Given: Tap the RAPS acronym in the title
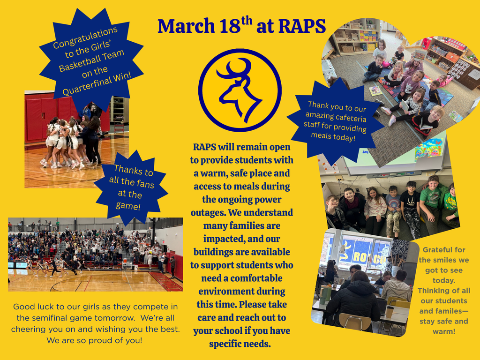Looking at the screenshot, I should (302, 27).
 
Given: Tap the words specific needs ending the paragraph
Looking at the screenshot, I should (240, 344).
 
